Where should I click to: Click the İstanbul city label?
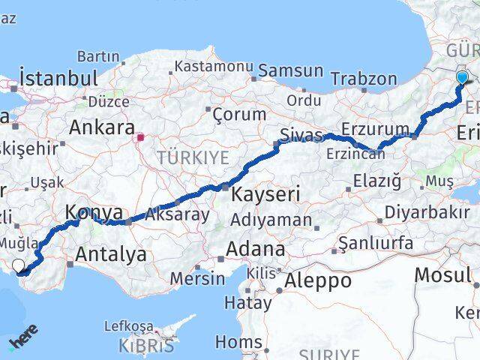(59, 78)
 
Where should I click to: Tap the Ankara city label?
(102, 127)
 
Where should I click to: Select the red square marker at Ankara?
(139, 137)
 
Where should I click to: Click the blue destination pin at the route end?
(462, 77)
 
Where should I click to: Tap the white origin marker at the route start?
(18, 264)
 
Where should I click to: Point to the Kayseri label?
(265, 193)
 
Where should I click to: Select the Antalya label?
(111, 254)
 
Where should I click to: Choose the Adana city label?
(258, 248)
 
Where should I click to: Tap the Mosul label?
(442, 274)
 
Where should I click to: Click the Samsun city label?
(290, 71)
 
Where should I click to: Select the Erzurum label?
(375, 128)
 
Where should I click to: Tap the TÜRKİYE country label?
(193, 157)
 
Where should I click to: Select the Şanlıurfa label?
(375, 243)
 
